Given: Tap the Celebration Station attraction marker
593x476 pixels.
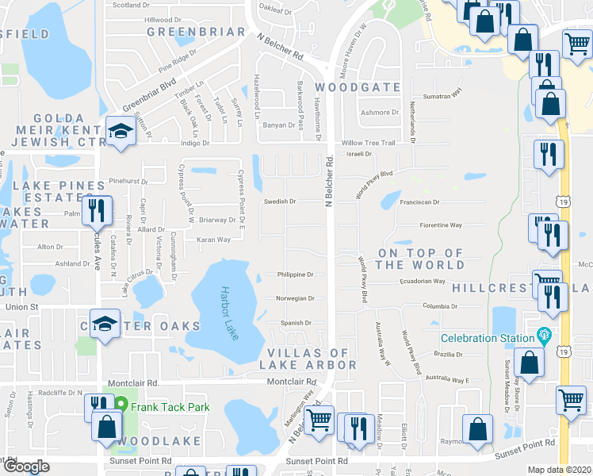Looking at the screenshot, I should pos(543,336).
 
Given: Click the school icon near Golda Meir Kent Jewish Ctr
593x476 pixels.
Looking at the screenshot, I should pos(120,132).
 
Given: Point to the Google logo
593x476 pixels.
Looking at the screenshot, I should pos(25,466).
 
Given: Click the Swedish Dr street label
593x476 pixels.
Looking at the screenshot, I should pos(280,202).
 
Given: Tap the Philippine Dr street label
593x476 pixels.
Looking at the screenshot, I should pos(295,274).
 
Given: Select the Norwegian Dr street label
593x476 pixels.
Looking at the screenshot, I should pos(295,299).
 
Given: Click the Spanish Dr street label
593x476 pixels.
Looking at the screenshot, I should pos(296,323).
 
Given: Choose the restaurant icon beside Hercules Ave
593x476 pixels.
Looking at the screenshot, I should pos(97,211).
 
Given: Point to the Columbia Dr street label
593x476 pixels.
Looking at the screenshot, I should pos(441,305).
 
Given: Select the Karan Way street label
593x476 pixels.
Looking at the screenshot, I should pos(214,239).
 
